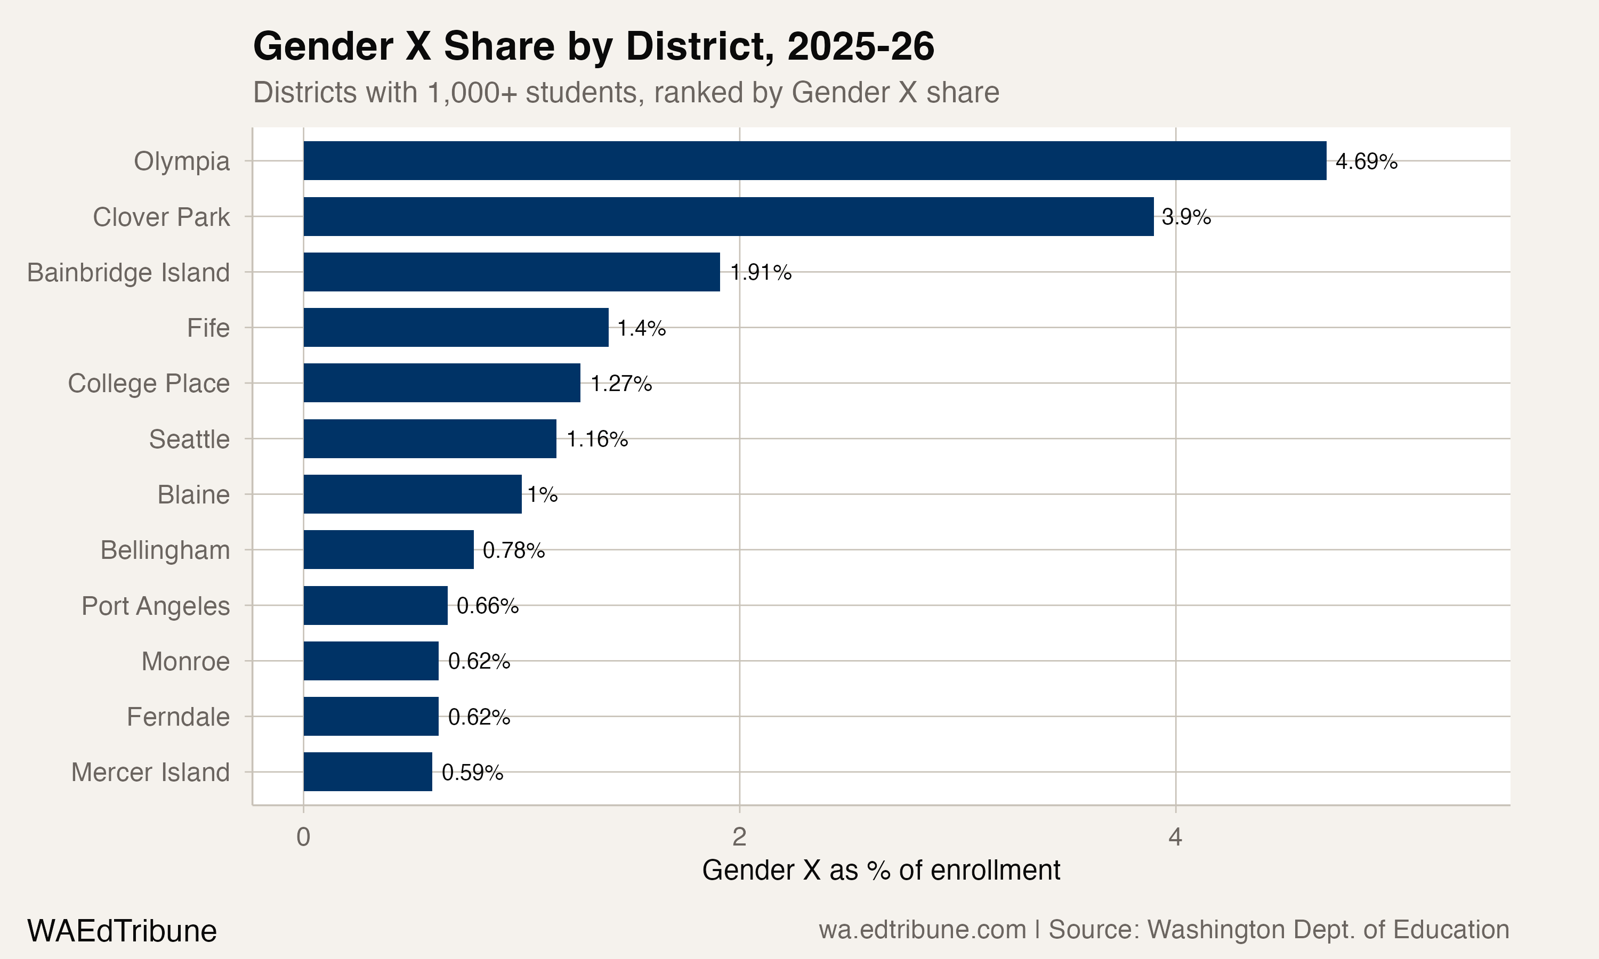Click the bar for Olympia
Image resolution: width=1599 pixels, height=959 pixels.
point(814,161)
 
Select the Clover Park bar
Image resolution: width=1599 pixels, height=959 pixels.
point(729,216)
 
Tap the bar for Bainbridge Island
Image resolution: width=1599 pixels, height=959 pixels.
point(511,272)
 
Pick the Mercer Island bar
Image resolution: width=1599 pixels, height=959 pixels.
point(368,771)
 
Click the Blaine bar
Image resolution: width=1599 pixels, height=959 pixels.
point(413,494)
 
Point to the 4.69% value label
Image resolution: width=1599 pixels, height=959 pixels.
point(1366,161)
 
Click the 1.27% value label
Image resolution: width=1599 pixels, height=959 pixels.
point(620,384)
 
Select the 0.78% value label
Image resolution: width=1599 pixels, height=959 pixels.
point(513,550)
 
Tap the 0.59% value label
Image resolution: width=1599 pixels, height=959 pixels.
point(472,773)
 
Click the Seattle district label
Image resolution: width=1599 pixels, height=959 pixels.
point(189,440)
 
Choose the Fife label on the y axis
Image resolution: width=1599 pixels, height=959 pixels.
point(208,328)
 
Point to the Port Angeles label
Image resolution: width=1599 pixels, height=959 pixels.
point(155,606)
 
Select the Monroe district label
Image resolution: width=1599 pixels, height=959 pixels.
point(185,662)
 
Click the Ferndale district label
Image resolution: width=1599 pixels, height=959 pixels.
point(177,717)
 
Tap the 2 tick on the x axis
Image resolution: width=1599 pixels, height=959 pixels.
point(739,838)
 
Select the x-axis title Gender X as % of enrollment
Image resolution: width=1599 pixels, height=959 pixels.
point(881,871)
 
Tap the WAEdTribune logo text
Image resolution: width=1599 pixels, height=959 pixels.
point(122,931)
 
